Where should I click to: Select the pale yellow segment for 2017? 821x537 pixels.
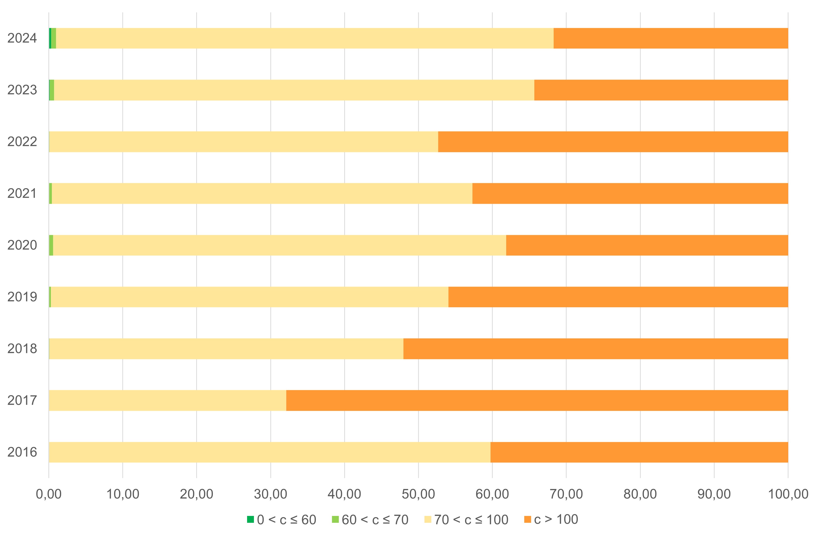point(167,400)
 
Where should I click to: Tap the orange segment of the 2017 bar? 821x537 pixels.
point(537,400)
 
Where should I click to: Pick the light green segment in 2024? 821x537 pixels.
point(54,38)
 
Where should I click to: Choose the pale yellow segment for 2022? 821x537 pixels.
point(244,142)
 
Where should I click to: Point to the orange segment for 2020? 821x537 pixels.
point(647,245)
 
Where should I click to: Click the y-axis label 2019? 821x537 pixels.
point(22,297)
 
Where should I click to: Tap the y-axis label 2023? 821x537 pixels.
point(22,90)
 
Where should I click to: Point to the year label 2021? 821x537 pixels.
point(22,193)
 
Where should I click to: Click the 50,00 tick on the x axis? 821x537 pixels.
point(418,494)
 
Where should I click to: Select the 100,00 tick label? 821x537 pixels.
point(788,494)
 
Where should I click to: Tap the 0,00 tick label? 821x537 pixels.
point(49,494)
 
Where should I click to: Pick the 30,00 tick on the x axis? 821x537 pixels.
point(271,494)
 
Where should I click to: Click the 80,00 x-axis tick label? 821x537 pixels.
point(640,494)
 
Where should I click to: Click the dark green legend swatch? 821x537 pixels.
point(251,519)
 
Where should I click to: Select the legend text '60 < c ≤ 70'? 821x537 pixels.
point(375,520)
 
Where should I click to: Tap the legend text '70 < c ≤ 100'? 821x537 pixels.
point(471,520)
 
